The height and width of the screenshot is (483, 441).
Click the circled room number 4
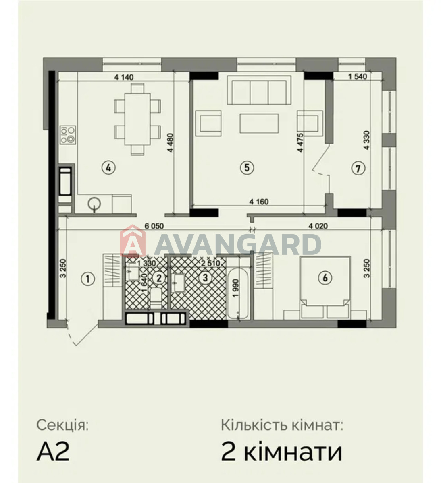108,168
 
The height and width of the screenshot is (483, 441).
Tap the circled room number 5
247,167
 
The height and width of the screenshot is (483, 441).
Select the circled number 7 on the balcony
358,169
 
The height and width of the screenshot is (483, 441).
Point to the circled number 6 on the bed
325,278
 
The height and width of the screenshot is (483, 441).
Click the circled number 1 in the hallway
88,279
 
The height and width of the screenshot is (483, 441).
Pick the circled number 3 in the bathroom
205,278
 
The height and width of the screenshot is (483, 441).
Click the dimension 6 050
154,226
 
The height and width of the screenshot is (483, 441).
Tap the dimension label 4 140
124,77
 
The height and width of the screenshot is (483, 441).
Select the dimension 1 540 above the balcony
358,76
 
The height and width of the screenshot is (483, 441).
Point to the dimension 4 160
259,202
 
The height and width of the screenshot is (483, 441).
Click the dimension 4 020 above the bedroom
318,226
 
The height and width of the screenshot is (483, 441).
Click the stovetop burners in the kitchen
68,135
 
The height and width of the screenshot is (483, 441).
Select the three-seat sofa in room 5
259,90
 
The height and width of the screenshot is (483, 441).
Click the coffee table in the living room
259,123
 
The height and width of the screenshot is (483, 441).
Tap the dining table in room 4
137,119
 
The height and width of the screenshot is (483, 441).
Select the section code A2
53,452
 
